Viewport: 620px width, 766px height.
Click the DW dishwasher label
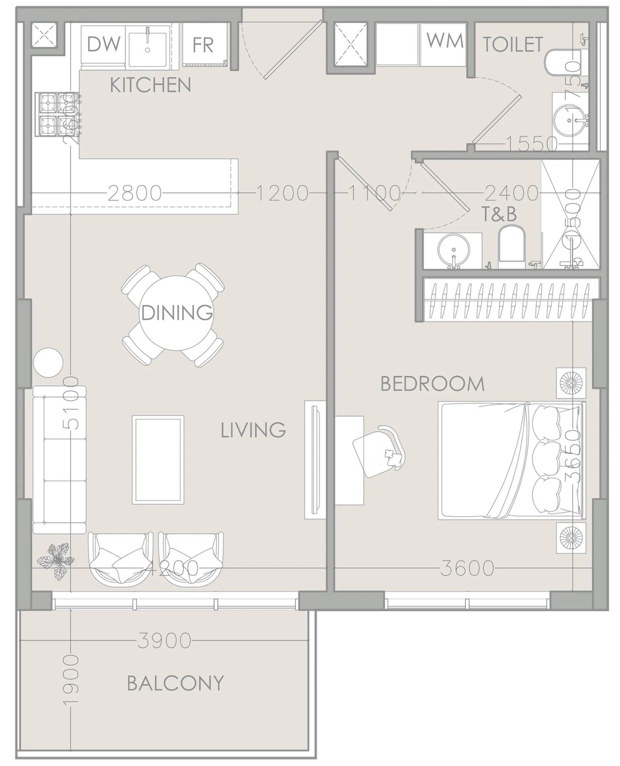click(103, 44)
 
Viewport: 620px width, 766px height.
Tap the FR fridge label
click(203, 45)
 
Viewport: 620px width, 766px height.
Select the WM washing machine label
click(445, 40)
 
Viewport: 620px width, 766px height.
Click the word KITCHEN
click(150, 85)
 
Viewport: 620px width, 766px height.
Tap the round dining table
click(176, 313)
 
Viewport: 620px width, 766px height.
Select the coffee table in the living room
click(158, 460)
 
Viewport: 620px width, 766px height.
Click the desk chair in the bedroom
click(379, 452)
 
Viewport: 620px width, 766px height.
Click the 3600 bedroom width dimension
click(467, 568)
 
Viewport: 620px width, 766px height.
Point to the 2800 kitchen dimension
click(134, 193)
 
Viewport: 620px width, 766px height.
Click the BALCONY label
click(175, 683)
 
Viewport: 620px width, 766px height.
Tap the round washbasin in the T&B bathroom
click(454, 249)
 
